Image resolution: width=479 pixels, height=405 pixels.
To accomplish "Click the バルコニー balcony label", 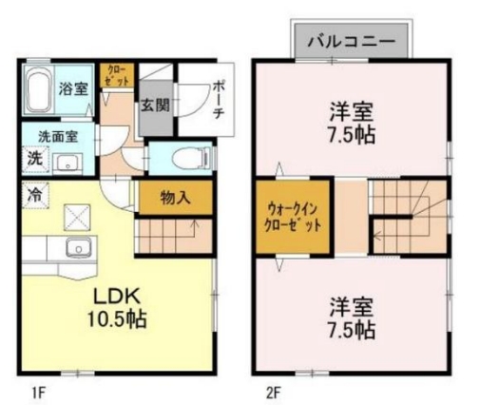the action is (x=352, y=41).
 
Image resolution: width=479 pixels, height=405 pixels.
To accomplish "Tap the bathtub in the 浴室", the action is (x=38, y=89).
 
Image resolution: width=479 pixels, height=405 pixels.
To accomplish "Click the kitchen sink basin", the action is (x=78, y=247).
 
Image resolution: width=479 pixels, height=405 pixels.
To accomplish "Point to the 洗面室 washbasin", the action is (x=67, y=164).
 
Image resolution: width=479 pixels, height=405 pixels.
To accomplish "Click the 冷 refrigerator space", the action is (x=35, y=195).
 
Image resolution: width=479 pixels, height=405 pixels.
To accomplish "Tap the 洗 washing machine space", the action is (x=35, y=160).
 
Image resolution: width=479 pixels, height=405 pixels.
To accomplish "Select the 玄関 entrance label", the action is (x=155, y=105).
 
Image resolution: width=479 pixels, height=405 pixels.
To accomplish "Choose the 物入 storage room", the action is (x=176, y=198).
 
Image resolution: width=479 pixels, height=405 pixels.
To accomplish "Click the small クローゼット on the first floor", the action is (x=117, y=75).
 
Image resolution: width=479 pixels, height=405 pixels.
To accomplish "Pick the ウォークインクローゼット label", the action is (x=293, y=218).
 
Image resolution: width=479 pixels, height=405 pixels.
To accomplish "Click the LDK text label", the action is (x=116, y=297).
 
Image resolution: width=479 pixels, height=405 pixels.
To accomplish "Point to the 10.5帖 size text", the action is (x=117, y=318).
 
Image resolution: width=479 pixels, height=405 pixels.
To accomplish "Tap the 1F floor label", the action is (x=39, y=394).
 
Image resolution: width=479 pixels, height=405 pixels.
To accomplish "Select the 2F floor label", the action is (x=274, y=394).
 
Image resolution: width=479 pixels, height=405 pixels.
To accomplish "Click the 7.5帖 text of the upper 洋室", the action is (x=352, y=135).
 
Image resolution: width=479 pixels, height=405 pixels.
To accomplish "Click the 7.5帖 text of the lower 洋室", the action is (x=352, y=330).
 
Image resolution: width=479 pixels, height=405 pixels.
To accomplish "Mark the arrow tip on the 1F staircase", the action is (x=195, y=221).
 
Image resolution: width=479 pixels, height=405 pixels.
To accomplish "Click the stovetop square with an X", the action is (x=77, y=217).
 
